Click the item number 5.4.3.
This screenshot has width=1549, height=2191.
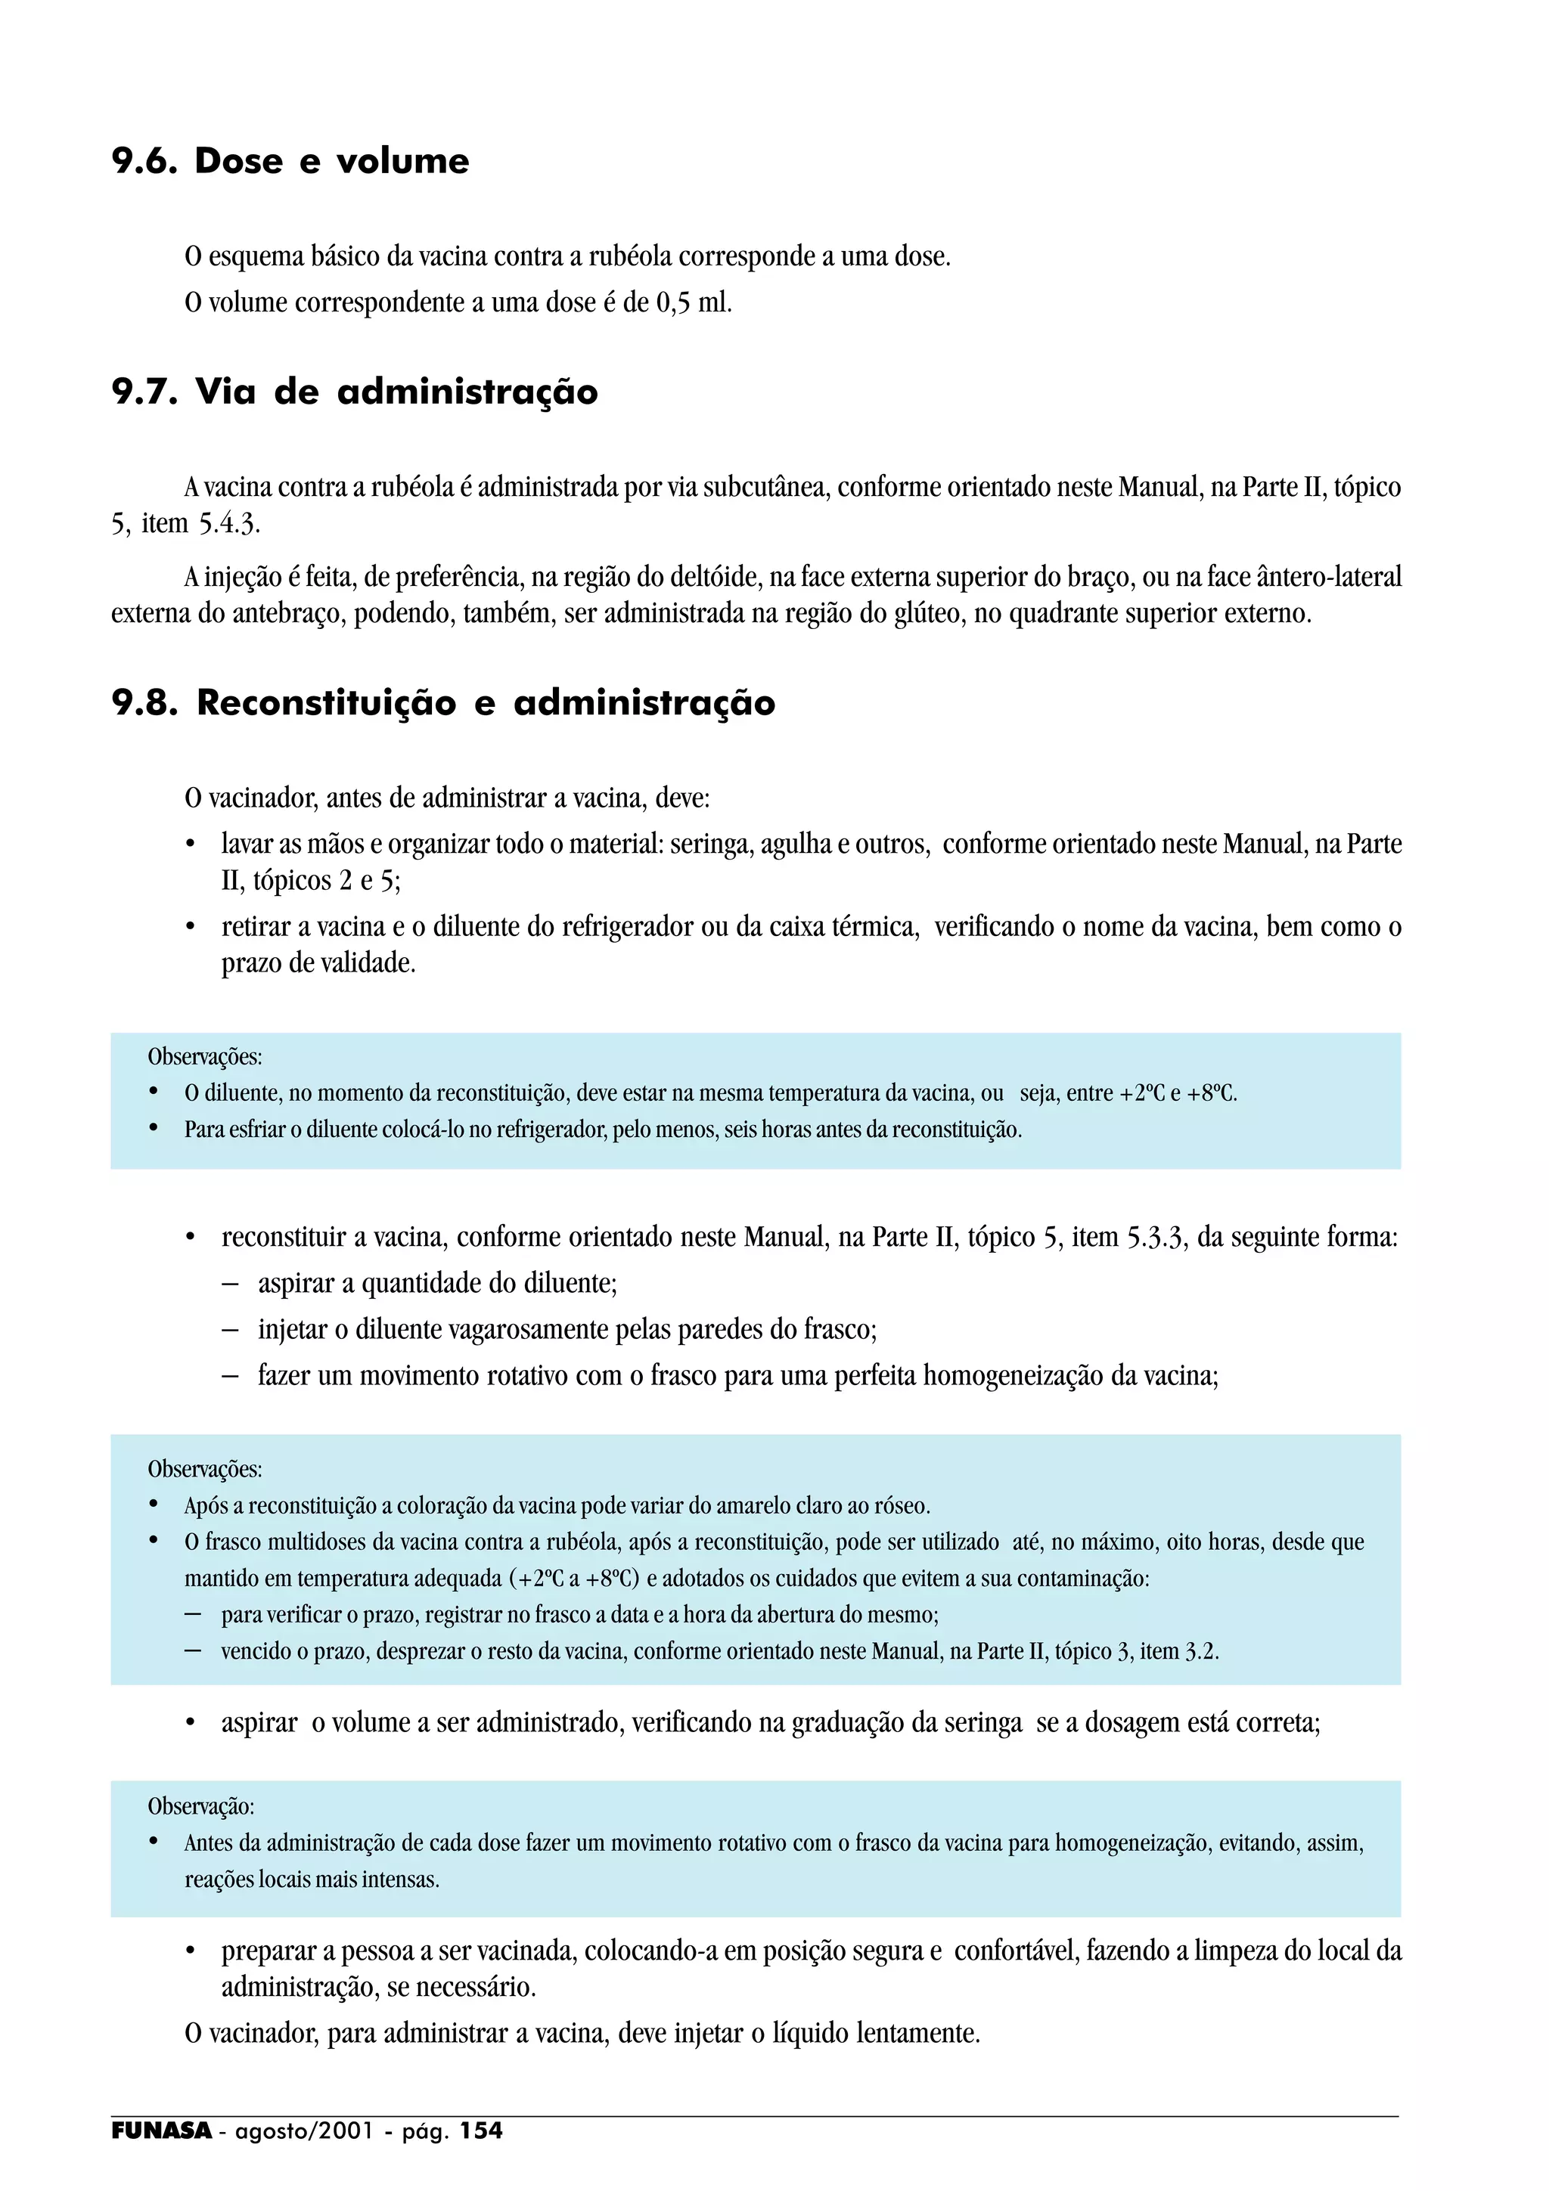click(229, 524)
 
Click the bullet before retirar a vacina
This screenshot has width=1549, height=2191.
click(191, 928)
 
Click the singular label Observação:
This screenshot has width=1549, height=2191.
click(200, 1806)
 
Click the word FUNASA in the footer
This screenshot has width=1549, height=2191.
click(161, 2131)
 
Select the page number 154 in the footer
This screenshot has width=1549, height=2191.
click(481, 2131)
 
